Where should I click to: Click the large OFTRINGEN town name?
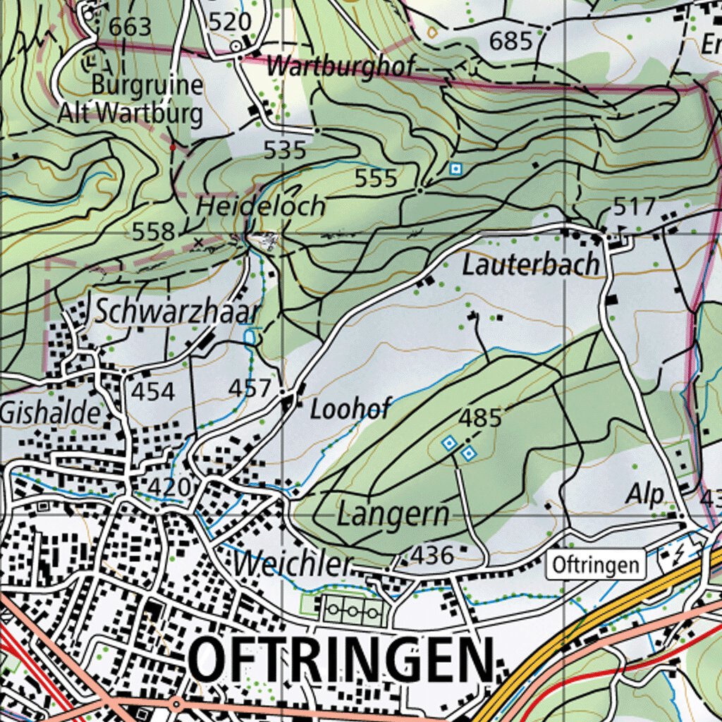pyautogui.click(x=342, y=660)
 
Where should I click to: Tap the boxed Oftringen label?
pyautogui.click(x=596, y=565)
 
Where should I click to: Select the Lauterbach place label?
pyautogui.click(x=531, y=266)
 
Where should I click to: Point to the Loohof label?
pyautogui.click(x=350, y=409)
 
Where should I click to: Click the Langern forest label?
pyautogui.click(x=393, y=514)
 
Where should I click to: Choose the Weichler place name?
pyautogui.click(x=293, y=563)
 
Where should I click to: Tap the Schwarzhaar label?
pyautogui.click(x=177, y=312)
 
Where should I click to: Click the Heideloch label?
pyautogui.click(x=261, y=207)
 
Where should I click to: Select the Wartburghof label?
pyautogui.click(x=341, y=67)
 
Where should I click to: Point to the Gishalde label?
pyautogui.click(x=51, y=413)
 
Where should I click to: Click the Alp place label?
pyautogui.click(x=644, y=495)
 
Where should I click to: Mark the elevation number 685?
pyautogui.click(x=510, y=42)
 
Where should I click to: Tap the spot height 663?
pyautogui.click(x=130, y=27)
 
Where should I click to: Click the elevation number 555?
pyautogui.click(x=376, y=178)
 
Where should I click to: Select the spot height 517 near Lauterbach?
pyautogui.click(x=635, y=207)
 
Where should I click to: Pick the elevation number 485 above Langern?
pyautogui.click(x=480, y=418)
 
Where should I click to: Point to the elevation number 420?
pyautogui.click(x=169, y=487)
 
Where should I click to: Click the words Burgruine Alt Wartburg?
pyautogui.click(x=147, y=99)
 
